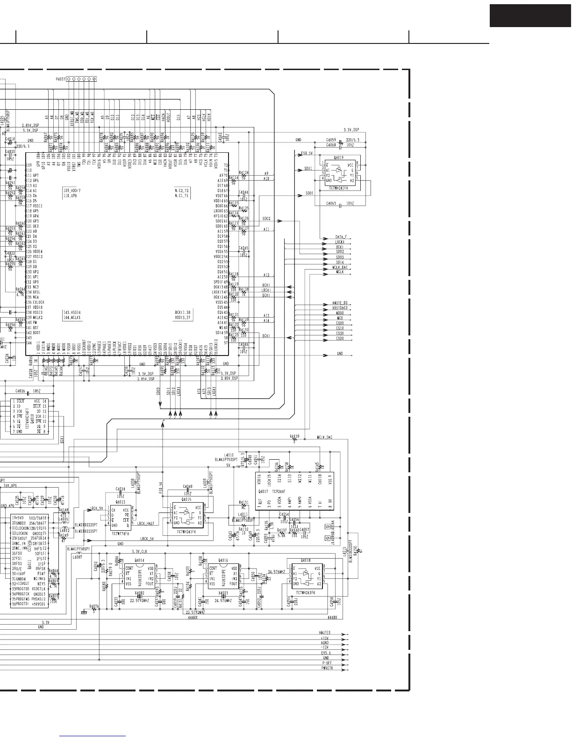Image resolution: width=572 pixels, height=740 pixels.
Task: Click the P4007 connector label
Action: pyautogui.click(x=61, y=79)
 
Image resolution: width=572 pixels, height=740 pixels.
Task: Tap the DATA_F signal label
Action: pyautogui.click(x=341, y=237)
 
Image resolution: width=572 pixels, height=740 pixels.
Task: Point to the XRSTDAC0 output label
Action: pyautogui.click(x=343, y=308)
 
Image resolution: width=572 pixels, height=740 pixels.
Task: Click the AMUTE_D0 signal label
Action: pyautogui.click(x=343, y=303)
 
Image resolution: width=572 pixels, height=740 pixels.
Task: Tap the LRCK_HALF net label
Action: pyautogui.click(x=146, y=524)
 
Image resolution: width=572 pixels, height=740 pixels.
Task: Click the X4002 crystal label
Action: pyautogui.click(x=139, y=592)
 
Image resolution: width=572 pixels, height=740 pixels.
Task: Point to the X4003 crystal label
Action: pyautogui.click(x=223, y=592)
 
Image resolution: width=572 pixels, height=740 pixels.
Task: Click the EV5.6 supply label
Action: pyautogui.click(x=326, y=653)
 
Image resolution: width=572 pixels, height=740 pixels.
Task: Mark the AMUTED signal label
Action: pyautogui.click(x=325, y=633)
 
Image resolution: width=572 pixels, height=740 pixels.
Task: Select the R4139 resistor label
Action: pyautogui.click(x=294, y=436)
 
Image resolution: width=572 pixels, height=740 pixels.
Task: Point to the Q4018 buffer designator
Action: pyautogui.click(x=306, y=560)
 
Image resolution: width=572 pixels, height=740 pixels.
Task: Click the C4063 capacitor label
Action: pyautogui.click(x=331, y=204)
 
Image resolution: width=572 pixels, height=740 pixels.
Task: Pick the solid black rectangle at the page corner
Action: pyautogui.click(x=530, y=16)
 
